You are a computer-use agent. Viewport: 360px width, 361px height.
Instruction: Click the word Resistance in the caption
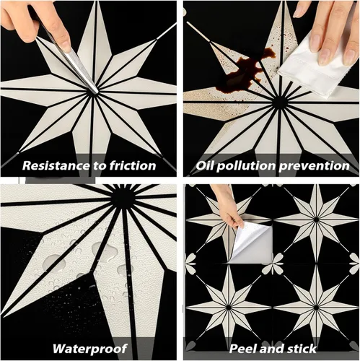56,166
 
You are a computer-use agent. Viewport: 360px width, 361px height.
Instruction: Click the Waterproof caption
90,349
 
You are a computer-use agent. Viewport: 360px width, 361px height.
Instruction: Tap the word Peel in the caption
242,348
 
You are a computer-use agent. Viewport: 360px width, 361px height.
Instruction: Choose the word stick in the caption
301,348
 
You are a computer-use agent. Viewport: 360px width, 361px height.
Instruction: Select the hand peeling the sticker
229,207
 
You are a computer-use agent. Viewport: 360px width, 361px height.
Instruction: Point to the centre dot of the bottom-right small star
317,308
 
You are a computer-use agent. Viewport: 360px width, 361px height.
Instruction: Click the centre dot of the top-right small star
317,219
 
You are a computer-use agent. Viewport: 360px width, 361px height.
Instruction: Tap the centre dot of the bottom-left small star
229,308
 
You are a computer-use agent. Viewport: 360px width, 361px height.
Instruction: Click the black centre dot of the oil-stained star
279,103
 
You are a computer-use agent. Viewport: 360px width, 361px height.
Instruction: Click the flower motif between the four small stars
273,264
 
